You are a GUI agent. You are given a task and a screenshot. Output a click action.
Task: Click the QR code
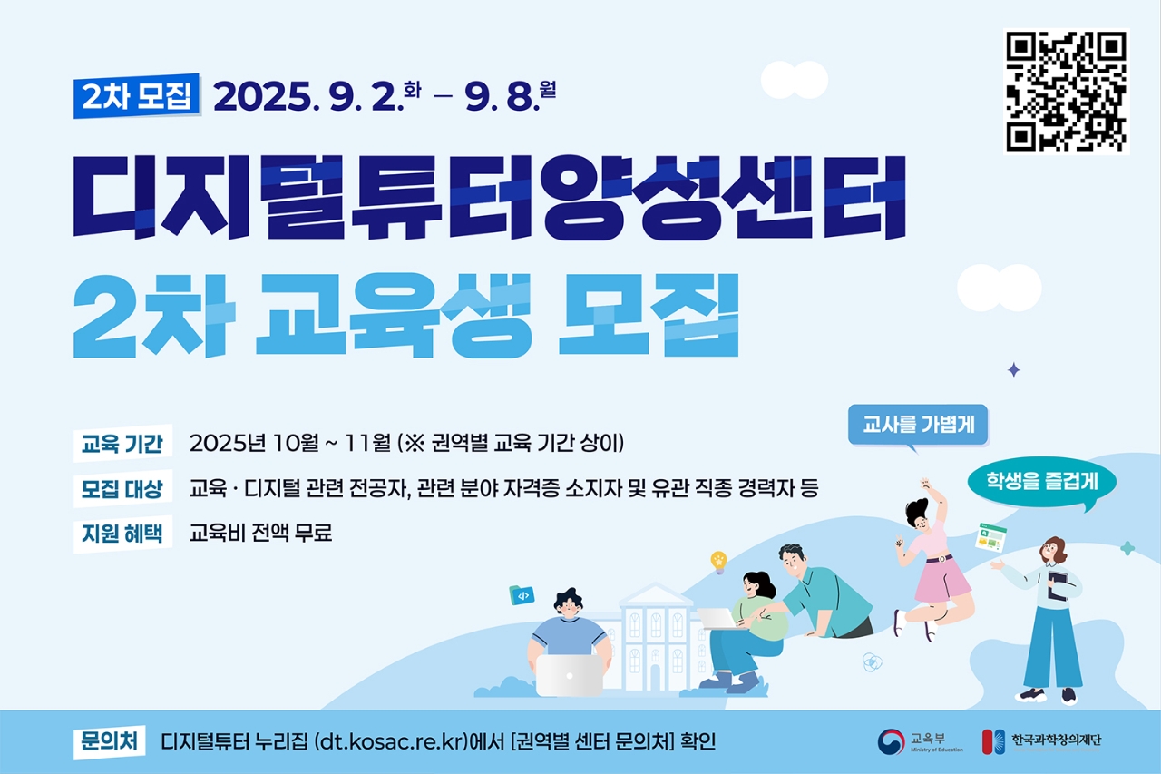[x=1066, y=92]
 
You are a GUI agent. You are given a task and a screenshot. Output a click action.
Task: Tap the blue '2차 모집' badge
[x=137, y=96]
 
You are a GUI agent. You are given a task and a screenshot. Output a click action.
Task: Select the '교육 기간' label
[x=122, y=444]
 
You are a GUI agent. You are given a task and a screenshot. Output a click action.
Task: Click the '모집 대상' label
[x=122, y=489]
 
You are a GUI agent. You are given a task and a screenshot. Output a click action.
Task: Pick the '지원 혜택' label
[x=122, y=534]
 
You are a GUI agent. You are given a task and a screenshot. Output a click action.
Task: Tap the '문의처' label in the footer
[x=110, y=742]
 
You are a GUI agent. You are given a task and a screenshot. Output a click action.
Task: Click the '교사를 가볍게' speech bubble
[x=918, y=425]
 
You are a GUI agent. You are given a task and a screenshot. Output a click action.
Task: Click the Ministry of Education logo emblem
[x=891, y=742]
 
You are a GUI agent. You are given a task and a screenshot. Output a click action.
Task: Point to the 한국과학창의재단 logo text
[x=1056, y=740]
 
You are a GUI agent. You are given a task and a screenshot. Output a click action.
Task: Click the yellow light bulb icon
[x=719, y=562]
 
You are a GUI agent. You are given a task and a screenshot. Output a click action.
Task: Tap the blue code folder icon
[x=522, y=595]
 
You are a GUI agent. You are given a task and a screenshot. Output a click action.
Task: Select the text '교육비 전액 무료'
[x=260, y=533]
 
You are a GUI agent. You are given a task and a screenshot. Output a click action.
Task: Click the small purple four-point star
[x=1014, y=370]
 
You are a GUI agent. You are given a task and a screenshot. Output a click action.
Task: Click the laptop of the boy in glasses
[x=570, y=675]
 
